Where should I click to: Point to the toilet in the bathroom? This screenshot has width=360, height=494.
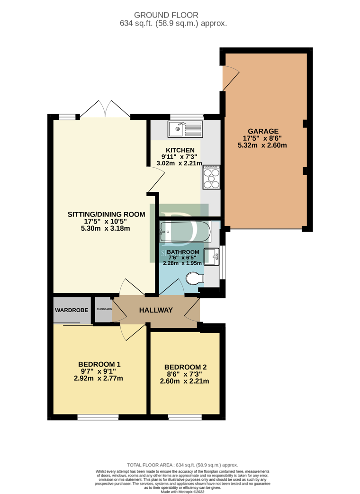tap(194, 278)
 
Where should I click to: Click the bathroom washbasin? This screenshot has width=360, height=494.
tap(211, 256)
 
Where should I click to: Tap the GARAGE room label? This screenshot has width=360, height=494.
tap(262, 131)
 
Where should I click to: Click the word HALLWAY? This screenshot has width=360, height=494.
tap(155, 311)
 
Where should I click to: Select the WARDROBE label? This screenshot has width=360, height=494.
tap(72, 310)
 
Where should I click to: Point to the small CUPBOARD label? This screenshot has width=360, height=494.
tap(104, 309)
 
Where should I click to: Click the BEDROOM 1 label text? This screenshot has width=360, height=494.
tap(99, 364)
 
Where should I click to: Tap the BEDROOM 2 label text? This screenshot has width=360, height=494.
tap(185, 367)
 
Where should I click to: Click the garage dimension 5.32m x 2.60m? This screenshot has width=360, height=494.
tap(262, 145)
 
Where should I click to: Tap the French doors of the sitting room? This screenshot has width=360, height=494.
tap(105, 110)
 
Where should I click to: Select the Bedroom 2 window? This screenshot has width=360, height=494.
tap(185, 417)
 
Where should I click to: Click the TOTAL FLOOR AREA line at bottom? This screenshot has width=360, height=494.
tap(182, 465)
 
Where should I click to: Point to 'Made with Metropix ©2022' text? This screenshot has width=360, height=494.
tap(182, 491)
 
